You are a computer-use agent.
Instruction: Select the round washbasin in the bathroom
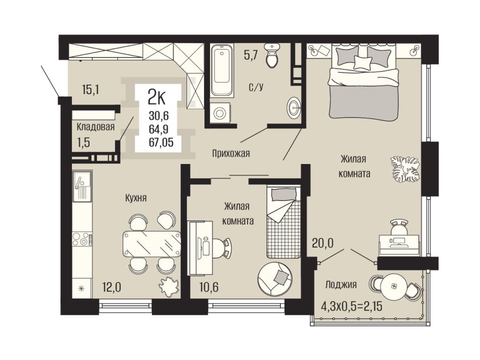(x=295, y=108)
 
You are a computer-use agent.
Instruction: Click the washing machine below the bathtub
(x=220, y=113)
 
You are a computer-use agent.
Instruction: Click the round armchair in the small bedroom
(x=275, y=279)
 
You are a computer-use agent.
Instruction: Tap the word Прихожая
(x=231, y=153)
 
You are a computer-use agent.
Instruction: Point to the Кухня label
(x=136, y=198)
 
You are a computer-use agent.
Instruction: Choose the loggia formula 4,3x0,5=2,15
(x=352, y=305)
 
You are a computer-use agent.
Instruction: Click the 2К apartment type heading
(x=156, y=97)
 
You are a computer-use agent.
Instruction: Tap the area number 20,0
(x=323, y=243)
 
